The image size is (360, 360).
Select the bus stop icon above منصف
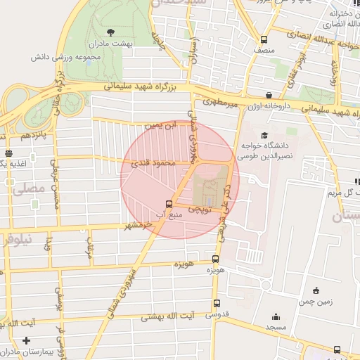coord(264,39)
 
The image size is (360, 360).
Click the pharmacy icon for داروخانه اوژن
coord(269,95)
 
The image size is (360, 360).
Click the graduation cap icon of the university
coord(264,135)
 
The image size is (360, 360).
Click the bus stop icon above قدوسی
coord(215,304)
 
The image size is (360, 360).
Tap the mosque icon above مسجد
coord(275,316)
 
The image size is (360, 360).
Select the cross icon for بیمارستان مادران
coord(26,341)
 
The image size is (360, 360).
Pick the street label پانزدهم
coord(33,134)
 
